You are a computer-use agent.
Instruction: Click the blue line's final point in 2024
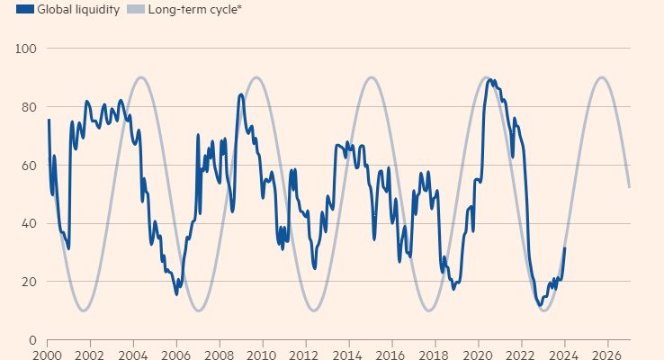coord(565,247)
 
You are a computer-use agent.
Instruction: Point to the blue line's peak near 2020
coord(489,80)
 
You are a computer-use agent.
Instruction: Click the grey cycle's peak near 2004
coord(141,77)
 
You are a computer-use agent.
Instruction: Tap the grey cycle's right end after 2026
coord(629,187)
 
